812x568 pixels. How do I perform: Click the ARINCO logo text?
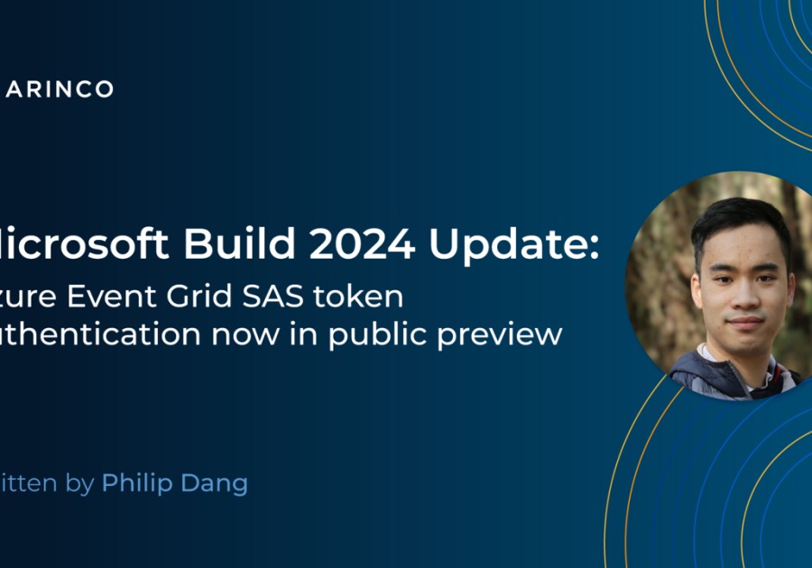[60, 88]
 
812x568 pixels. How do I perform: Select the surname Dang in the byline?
[217, 485]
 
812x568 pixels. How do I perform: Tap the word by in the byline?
[80, 485]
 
